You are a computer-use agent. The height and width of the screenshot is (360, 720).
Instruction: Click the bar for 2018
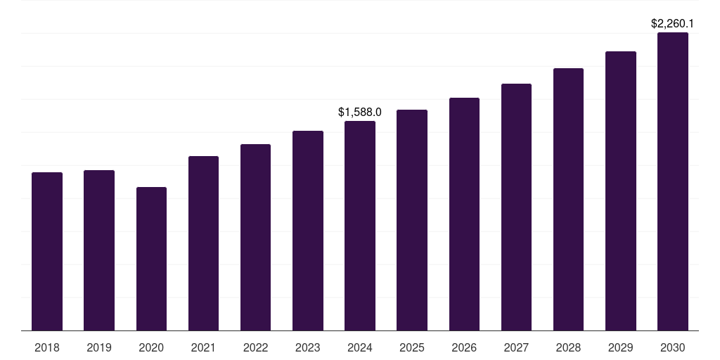click(x=47, y=251)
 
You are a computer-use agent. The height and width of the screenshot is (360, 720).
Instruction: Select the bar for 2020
click(x=151, y=259)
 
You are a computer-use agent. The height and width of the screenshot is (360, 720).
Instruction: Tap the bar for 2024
click(x=360, y=226)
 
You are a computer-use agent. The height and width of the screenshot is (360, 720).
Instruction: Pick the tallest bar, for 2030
click(x=672, y=181)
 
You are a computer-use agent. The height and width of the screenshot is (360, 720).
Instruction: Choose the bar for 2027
click(x=516, y=207)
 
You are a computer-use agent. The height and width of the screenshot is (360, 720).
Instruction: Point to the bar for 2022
click(x=255, y=237)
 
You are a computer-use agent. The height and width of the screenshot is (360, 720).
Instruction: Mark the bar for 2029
click(x=620, y=191)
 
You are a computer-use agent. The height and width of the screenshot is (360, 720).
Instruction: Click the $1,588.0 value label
click(x=360, y=112)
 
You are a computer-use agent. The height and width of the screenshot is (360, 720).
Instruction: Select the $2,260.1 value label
click(x=672, y=24)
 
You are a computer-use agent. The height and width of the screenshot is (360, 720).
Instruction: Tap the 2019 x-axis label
click(x=99, y=347)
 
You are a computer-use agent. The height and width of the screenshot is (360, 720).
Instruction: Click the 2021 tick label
click(x=203, y=347)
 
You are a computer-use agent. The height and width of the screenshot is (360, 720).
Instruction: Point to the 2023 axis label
click(x=307, y=347)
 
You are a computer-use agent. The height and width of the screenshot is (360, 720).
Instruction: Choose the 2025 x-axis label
click(x=412, y=347)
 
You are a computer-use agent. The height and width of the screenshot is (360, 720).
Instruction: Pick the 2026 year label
click(x=464, y=347)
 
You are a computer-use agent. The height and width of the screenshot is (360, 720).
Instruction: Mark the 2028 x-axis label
click(x=568, y=347)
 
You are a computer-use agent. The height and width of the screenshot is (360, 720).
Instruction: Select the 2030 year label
click(x=672, y=347)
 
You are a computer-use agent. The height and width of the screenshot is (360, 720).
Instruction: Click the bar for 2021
click(x=203, y=243)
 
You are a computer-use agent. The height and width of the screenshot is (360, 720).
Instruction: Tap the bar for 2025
click(x=412, y=220)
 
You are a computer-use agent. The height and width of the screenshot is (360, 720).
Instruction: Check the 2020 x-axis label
click(x=151, y=347)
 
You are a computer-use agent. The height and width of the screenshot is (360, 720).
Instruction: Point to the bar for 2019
click(x=99, y=250)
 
